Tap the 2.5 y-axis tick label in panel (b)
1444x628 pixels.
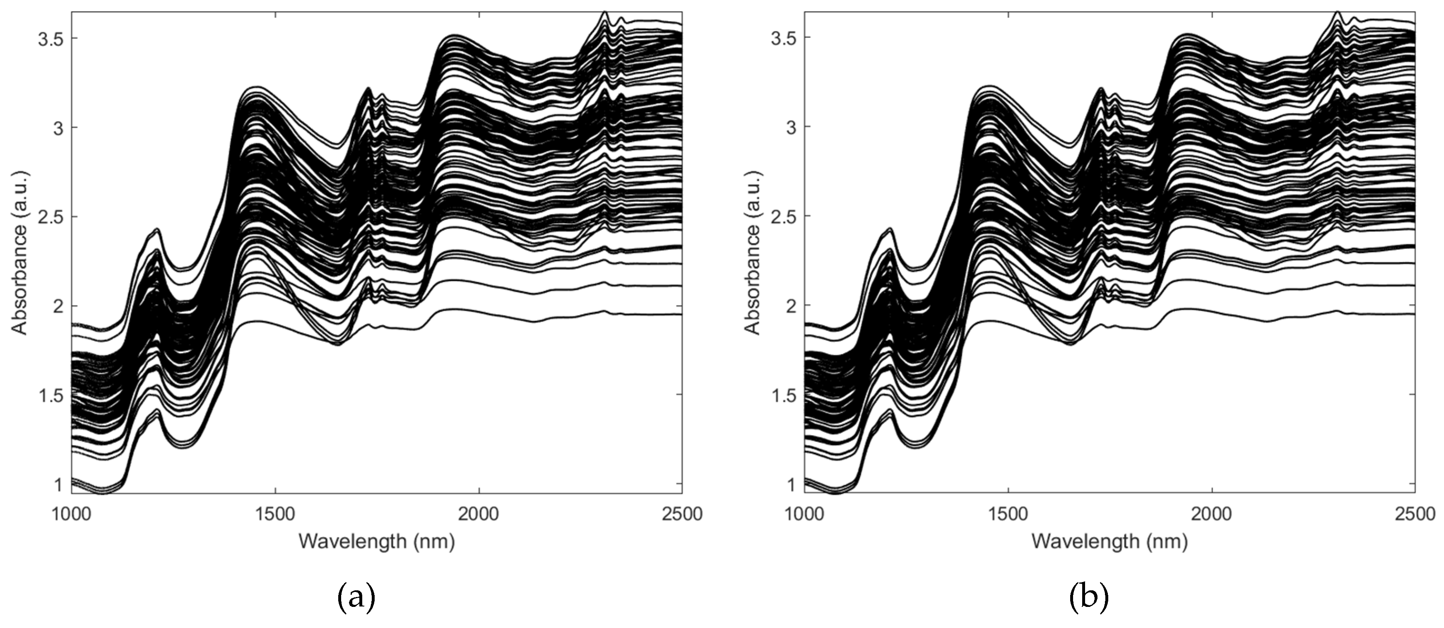tap(783, 216)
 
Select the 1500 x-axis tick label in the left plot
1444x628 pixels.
tap(274, 514)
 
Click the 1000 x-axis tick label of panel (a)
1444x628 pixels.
tap(71, 514)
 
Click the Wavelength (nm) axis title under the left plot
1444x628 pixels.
tap(376, 541)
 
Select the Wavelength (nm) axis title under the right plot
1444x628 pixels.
tap(1109, 541)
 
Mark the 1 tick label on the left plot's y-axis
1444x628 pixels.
tap(57, 484)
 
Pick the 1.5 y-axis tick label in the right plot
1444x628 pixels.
tap(783, 395)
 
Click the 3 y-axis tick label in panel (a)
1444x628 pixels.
tap(57, 127)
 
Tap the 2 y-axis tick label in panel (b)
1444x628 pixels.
tap(790, 306)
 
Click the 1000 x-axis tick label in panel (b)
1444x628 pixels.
tap(804, 514)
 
